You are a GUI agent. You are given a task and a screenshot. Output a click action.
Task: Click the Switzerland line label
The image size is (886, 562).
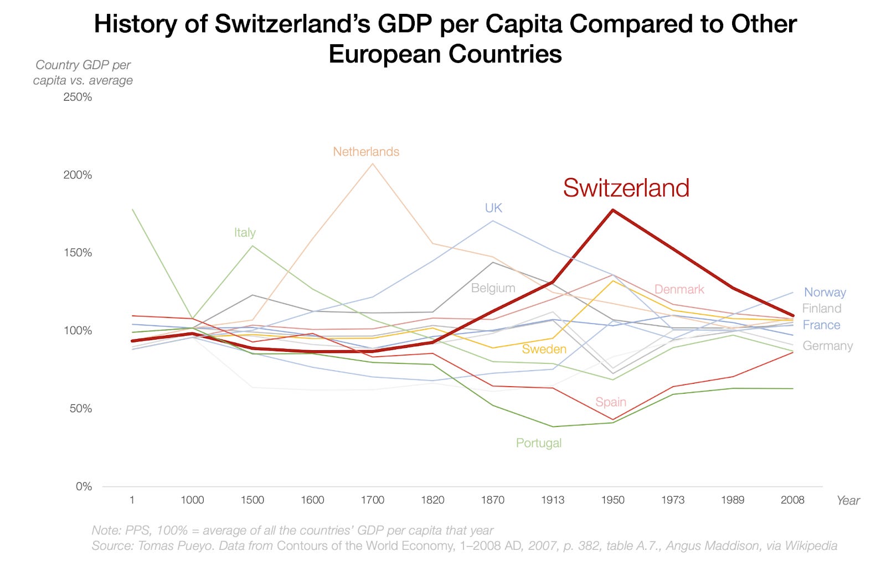(626, 188)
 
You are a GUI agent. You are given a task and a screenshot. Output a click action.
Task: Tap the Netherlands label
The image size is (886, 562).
(366, 152)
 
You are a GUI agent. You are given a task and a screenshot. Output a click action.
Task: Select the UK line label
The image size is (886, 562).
(493, 208)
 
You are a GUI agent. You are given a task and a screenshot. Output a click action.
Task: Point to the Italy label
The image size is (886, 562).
(245, 232)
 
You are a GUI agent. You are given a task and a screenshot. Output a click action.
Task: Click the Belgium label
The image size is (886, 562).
(493, 288)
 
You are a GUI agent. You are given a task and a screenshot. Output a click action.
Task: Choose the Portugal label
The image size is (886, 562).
(538, 443)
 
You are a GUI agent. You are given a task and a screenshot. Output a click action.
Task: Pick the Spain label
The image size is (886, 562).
(610, 402)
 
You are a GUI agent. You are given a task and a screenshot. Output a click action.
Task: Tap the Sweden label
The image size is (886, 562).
(544, 349)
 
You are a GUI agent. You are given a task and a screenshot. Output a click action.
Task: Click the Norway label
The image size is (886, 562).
(825, 292)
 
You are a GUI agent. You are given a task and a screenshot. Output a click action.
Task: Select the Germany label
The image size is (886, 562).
(827, 346)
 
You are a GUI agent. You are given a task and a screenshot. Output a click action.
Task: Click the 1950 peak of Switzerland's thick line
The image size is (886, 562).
(612, 210)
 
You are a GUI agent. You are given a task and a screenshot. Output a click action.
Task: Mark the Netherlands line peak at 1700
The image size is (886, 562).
(372, 164)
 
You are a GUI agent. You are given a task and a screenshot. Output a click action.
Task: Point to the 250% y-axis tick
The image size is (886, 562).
(78, 97)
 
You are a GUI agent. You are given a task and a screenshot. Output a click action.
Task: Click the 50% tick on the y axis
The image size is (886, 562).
(80, 409)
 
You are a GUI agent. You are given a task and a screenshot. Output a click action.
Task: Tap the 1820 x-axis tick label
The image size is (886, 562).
(432, 500)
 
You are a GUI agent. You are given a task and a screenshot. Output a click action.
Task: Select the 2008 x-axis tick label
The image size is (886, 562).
(792, 500)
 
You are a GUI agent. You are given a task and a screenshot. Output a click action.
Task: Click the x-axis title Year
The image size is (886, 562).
(848, 501)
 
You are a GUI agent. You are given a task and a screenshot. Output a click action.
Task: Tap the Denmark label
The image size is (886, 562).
(679, 289)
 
